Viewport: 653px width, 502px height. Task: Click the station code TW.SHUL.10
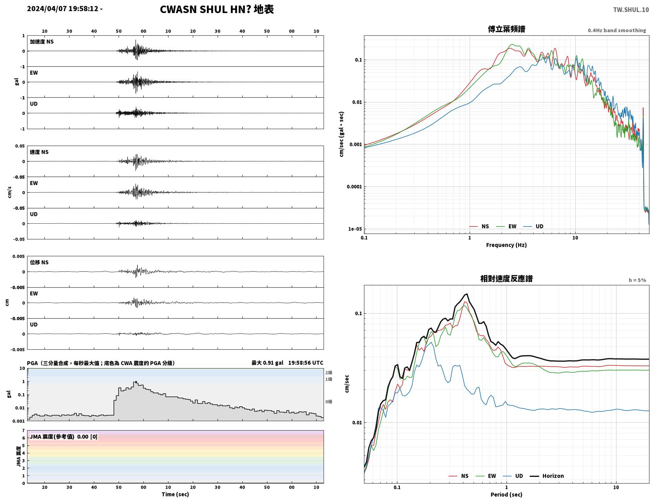(631, 9)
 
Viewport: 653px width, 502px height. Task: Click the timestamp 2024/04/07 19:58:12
(62, 8)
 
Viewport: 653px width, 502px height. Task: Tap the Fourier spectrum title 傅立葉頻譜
(507, 29)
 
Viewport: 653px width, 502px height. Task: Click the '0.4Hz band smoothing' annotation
(616, 30)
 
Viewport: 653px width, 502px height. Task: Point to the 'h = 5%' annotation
(637, 280)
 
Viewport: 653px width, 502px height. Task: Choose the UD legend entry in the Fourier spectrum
(533, 226)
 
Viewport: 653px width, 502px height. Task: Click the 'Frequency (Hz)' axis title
(507, 245)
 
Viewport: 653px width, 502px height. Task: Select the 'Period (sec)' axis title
(507, 495)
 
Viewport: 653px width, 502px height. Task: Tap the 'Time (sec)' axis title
(175, 494)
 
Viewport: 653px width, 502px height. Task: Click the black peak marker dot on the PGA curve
(136, 382)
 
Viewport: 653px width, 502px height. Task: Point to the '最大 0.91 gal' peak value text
(267, 363)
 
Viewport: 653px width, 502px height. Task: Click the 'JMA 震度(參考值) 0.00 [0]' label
(63, 436)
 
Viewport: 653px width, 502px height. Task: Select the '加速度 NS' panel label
(42, 42)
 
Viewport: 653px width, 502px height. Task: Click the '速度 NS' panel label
(39, 152)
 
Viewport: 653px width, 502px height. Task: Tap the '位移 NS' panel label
(39, 263)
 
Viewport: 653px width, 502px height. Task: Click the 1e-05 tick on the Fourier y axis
(355, 229)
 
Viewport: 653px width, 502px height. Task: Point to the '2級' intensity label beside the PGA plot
(329, 372)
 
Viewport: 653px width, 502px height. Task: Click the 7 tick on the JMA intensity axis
(24, 431)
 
